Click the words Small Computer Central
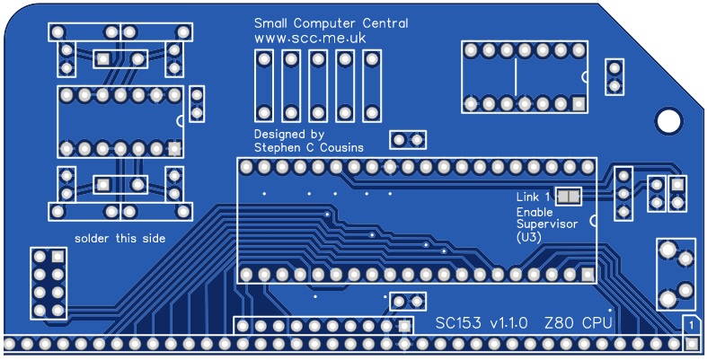tap(331, 23)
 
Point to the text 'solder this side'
tap(120, 238)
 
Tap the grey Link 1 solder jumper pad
tap(568, 196)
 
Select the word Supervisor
tap(546, 224)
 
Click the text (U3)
tap(528, 238)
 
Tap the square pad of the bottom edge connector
tap(679, 343)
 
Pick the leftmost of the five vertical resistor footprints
tap(264, 86)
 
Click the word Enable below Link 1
tap(535, 212)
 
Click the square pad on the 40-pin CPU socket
tap(587, 274)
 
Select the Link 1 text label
tap(533, 198)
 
